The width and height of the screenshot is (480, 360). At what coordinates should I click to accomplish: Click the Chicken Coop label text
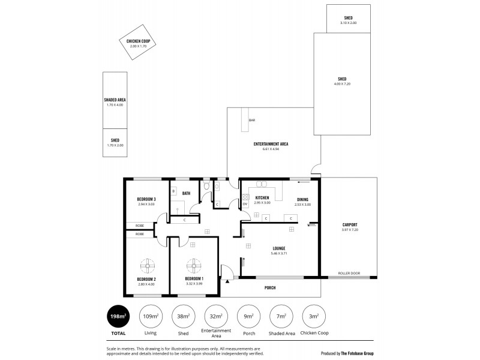137,41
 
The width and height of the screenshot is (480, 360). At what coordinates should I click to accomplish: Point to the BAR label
252,121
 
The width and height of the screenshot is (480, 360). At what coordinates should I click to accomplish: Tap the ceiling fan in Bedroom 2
147,265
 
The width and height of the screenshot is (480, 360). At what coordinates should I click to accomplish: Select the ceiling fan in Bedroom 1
194,265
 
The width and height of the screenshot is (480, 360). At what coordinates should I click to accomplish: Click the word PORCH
270,288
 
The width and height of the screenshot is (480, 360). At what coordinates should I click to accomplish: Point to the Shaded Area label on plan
115,100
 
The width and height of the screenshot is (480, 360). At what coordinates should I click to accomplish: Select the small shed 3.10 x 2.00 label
348,22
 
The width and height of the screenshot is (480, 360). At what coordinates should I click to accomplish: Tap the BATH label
187,193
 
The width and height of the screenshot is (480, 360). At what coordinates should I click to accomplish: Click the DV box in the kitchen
245,204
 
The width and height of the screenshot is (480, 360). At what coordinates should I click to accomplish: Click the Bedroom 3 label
146,199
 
